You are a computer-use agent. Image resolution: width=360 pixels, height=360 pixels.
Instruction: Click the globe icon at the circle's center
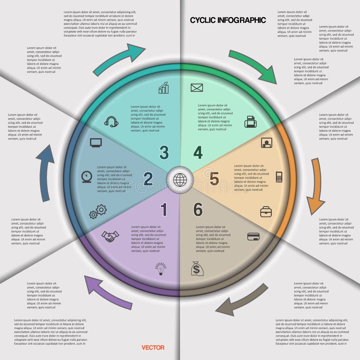180,180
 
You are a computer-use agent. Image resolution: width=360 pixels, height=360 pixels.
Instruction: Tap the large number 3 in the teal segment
164,153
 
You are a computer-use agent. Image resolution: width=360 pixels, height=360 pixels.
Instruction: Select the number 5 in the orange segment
214,179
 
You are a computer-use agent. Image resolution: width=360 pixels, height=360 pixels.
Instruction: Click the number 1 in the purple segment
164,209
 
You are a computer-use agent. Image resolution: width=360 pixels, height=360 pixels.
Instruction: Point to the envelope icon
197,88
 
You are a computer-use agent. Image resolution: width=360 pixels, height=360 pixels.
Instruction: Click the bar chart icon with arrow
163,87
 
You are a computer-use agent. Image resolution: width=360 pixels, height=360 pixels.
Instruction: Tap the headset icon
111,121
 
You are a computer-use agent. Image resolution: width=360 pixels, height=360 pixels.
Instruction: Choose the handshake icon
109,236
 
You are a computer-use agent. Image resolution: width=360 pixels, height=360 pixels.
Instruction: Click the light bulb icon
161,269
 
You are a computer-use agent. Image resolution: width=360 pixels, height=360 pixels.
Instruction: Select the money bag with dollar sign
197,269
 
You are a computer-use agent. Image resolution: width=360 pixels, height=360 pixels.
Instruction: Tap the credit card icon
253,236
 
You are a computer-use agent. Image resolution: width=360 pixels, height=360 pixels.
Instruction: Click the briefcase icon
266,211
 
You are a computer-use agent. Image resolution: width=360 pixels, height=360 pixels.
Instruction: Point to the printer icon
250,121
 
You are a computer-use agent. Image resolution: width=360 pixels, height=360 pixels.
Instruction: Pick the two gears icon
98,211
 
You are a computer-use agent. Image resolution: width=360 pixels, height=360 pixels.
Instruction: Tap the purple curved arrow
108,292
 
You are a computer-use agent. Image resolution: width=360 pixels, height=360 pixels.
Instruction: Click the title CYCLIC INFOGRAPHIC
228,20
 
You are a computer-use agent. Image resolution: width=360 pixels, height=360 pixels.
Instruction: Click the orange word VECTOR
153,347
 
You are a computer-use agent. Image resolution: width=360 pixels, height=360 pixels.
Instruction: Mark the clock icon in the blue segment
87,176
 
